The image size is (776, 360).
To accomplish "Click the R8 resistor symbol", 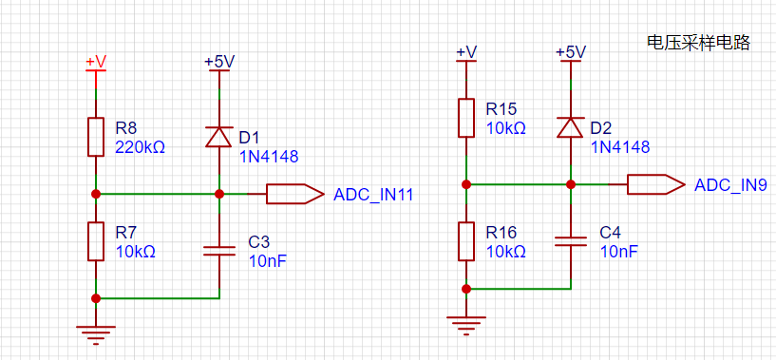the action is (x=96, y=137).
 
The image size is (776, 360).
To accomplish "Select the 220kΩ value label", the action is (x=140, y=147).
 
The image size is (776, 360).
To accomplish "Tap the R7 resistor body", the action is (x=96, y=241).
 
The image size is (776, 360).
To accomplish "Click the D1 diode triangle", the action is (x=218, y=137).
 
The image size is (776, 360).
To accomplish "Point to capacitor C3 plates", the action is (x=219, y=251).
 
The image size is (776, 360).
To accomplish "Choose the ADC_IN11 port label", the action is (x=373, y=195).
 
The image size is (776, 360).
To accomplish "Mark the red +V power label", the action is (x=96, y=62).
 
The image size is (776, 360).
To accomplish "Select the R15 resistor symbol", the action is (x=466, y=118).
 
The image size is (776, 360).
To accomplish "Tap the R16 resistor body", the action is (x=466, y=241).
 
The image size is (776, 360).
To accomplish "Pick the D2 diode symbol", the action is (x=570, y=127).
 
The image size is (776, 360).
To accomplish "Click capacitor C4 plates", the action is (x=571, y=241).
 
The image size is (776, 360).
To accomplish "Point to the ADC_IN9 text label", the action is (x=731, y=185).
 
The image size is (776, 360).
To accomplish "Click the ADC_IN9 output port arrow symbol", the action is (x=656, y=184).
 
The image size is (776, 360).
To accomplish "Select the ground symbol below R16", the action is (x=466, y=325).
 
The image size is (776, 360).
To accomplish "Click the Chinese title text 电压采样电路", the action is (x=699, y=43).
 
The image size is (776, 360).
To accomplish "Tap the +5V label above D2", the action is (x=571, y=52).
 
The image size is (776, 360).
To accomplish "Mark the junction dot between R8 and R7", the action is (x=96, y=194).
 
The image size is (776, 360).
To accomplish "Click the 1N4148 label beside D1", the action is (x=269, y=157).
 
